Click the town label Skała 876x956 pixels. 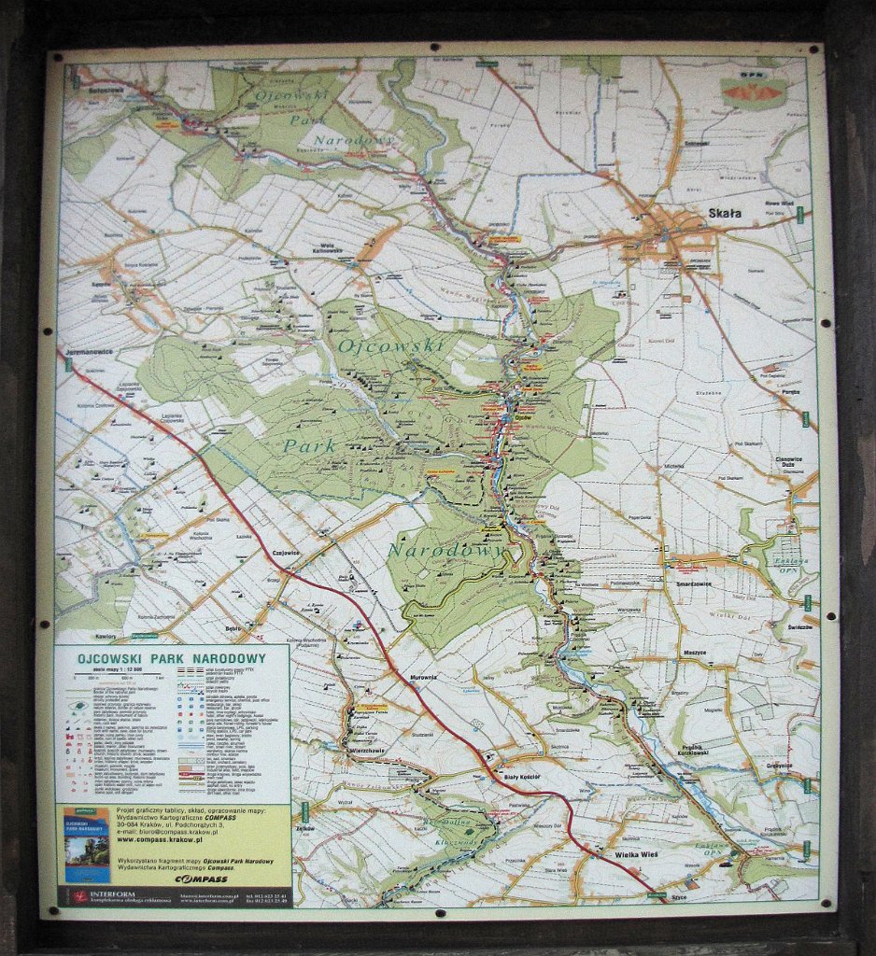point(724,214)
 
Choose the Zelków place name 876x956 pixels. point(304,828)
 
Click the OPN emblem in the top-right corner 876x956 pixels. point(753,91)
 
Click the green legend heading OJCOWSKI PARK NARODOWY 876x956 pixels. point(171,658)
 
